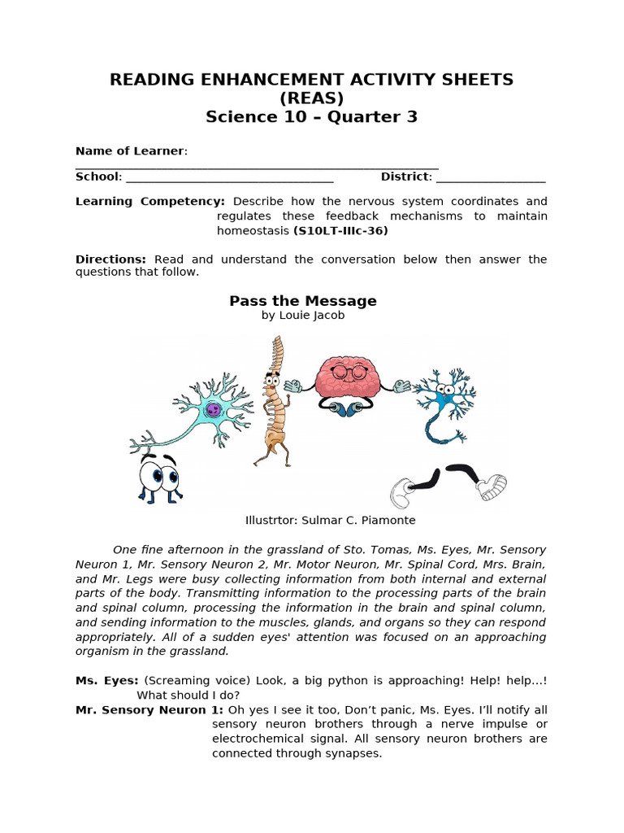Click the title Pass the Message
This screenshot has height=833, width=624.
coord(302,301)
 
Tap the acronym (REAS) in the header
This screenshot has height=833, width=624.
coord(311,98)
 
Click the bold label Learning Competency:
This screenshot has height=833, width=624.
coord(150,201)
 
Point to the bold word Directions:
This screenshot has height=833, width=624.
coord(110,259)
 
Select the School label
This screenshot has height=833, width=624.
coord(97,177)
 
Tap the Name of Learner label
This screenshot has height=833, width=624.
coord(130,151)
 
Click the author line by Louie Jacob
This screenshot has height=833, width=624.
coord(302,316)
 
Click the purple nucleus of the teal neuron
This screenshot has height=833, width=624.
coord(213,410)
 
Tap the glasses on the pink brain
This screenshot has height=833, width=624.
coord(348,373)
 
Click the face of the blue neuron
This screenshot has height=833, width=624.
coord(445,390)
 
